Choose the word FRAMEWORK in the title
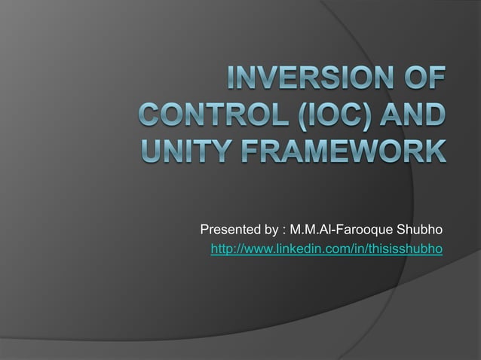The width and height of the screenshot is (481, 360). click(342, 156)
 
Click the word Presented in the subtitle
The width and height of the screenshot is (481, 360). click(228, 229)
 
